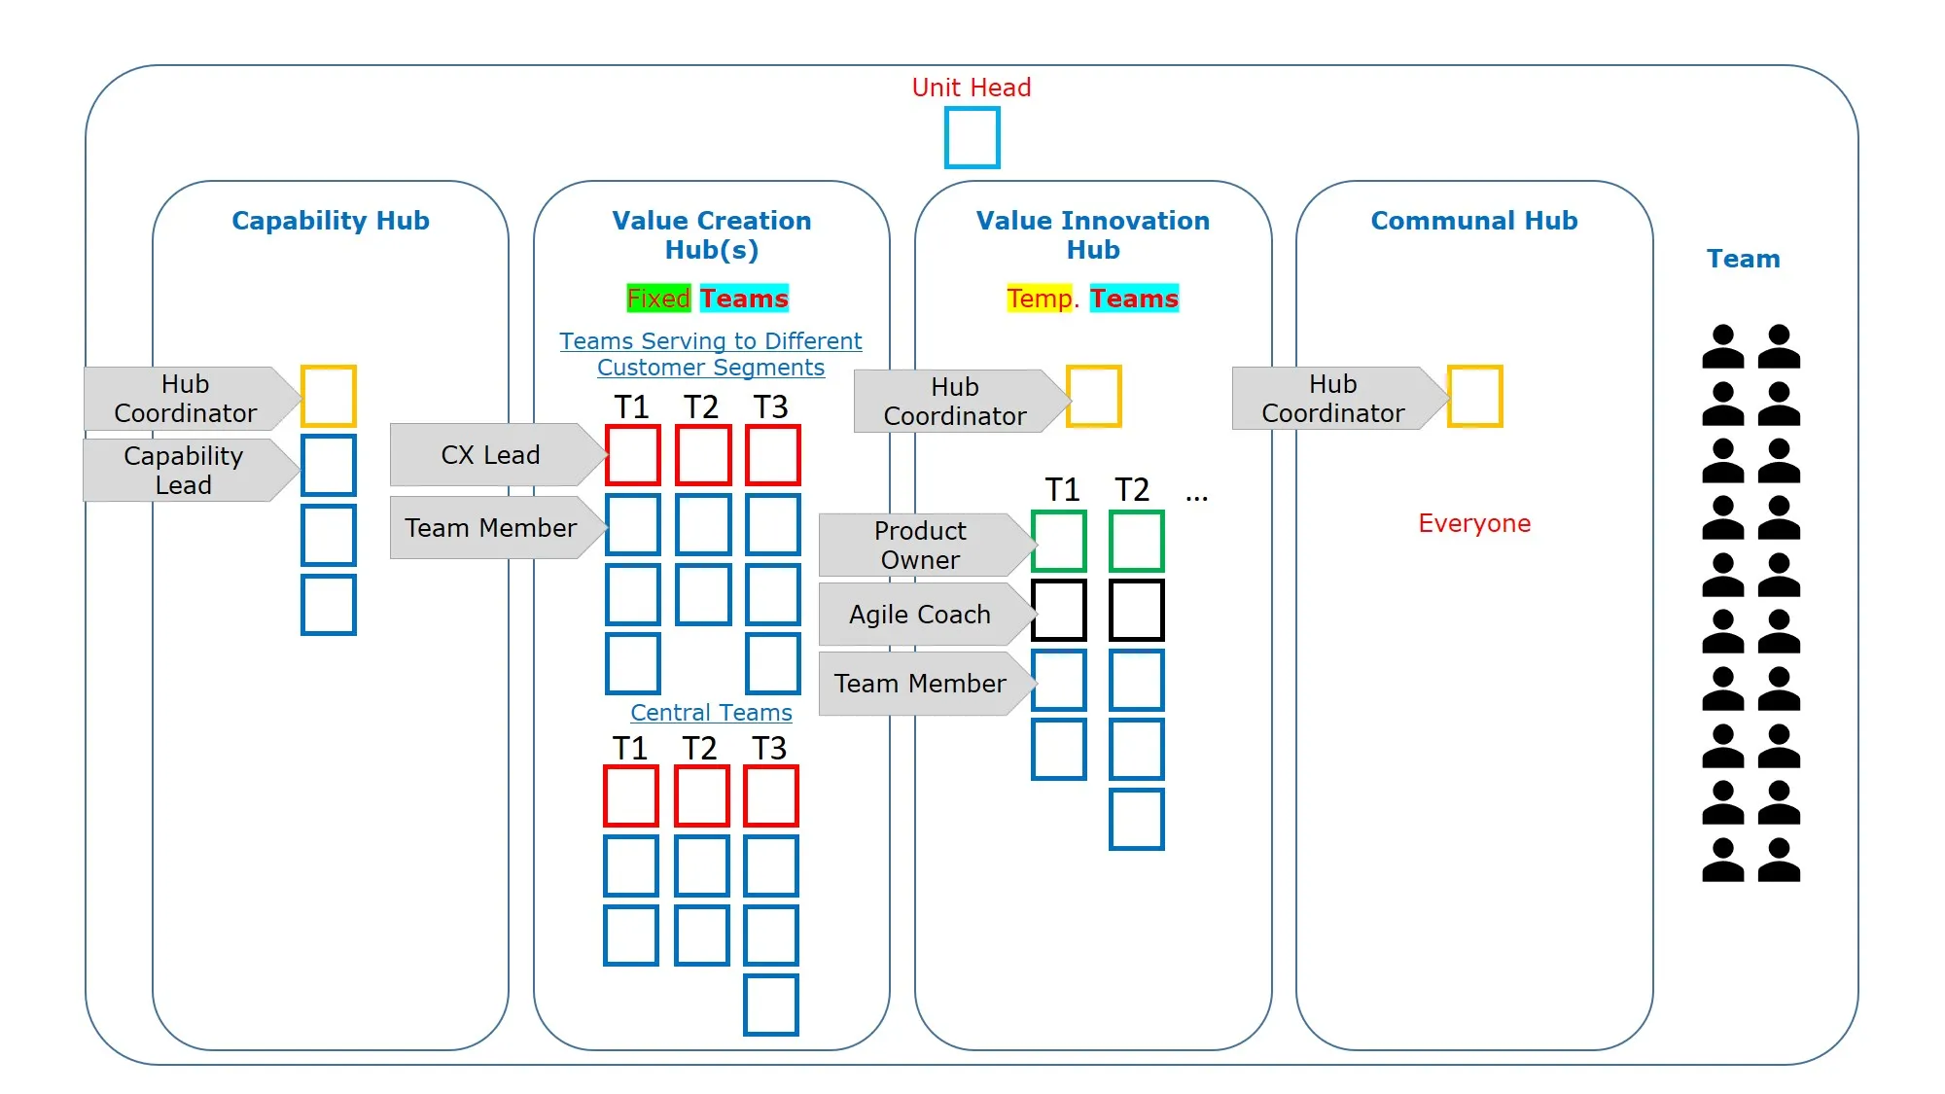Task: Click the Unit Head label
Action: pos(971,88)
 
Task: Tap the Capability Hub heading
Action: pos(331,221)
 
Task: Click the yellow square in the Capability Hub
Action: pos(303,396)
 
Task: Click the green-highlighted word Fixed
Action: pos(658,298)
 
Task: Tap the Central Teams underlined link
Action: pos(711,713)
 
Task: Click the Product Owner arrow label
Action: pos(927,545)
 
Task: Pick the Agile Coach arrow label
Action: pos(927,615)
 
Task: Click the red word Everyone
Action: pos(1474,523)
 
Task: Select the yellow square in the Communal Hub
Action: pos(1450,396)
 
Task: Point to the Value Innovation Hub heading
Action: pos(1093,235)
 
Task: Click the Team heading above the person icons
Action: pos(1744,259)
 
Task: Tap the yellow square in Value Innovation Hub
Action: pos(1069,396)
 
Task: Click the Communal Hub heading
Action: pos(1474,221)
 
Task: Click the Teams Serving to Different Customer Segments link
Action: pos(711,354)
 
